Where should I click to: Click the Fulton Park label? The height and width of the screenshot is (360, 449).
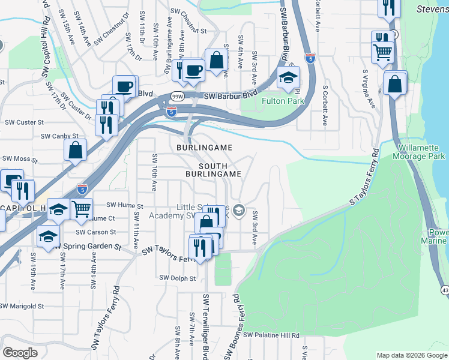pos(283,101)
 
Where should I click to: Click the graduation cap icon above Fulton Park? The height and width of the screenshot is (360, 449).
pos(288,78)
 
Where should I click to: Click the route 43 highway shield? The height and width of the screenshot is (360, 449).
pos(444,290)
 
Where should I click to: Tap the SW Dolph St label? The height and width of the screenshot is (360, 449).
pos(177,278)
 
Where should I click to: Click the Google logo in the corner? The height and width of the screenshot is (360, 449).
pos(20,353)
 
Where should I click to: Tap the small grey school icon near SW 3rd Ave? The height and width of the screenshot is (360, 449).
pos(239,209)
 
